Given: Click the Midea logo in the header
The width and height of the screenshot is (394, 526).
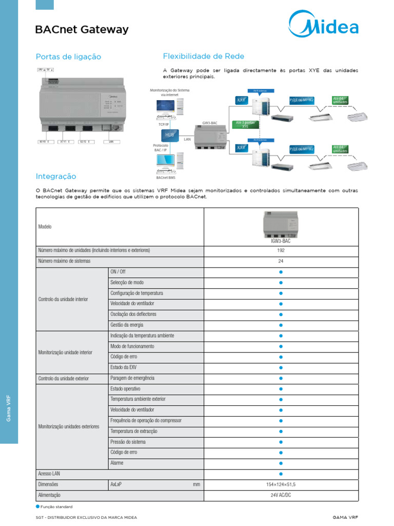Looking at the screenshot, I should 323,23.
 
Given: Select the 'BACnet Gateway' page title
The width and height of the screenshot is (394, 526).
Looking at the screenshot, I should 82,30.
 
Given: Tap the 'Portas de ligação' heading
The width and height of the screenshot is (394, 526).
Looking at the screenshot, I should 68,57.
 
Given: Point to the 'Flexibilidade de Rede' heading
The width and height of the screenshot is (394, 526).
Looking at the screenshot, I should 203,56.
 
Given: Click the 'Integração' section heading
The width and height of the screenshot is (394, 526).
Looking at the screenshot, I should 56,176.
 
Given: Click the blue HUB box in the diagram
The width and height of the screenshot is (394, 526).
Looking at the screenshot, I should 169,135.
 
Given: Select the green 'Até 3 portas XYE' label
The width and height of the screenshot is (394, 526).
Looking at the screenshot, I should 245,124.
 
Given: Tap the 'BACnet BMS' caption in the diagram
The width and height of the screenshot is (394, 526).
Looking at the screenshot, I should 165,177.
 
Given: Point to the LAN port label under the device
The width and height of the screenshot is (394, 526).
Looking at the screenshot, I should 111,141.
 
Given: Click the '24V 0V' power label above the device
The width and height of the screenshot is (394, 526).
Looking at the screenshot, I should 46,69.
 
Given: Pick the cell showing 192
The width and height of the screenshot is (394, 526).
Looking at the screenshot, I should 281,251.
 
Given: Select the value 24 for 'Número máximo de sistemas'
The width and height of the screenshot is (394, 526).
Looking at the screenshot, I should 281,261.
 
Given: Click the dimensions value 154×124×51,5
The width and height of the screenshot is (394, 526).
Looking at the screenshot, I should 281,484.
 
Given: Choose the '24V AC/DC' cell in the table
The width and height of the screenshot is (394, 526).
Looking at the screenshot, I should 281,495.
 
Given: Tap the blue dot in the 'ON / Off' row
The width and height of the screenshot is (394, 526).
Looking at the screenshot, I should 281,272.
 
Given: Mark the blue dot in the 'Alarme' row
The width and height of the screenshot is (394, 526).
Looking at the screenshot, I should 281,463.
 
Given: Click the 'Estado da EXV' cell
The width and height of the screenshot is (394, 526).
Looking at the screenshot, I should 123,367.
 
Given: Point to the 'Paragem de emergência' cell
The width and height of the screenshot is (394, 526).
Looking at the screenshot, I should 132,378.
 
